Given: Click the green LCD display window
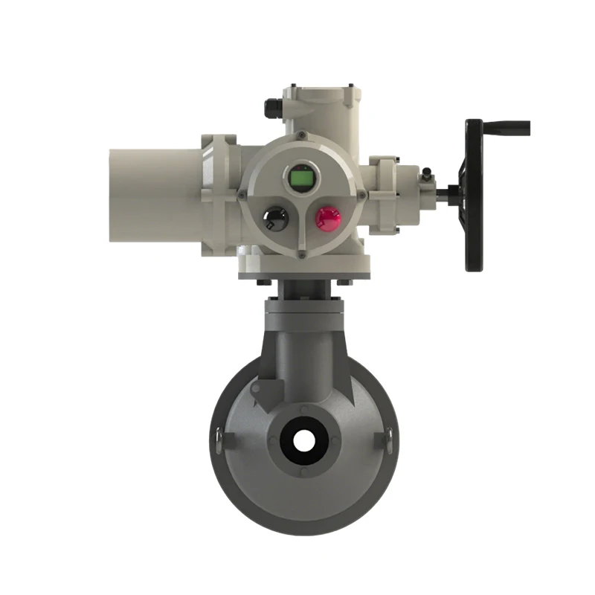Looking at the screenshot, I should tap(301, 178).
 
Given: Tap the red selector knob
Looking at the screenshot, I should tap(327, 218).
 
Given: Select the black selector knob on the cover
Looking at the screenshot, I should tap(274, 218).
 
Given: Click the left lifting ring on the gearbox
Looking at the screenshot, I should tap(217, 439).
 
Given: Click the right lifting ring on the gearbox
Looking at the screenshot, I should tap(387, 439).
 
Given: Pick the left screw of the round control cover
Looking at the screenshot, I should tap(241, 195).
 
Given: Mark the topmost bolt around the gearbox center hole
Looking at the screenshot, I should tap(302, 408).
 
